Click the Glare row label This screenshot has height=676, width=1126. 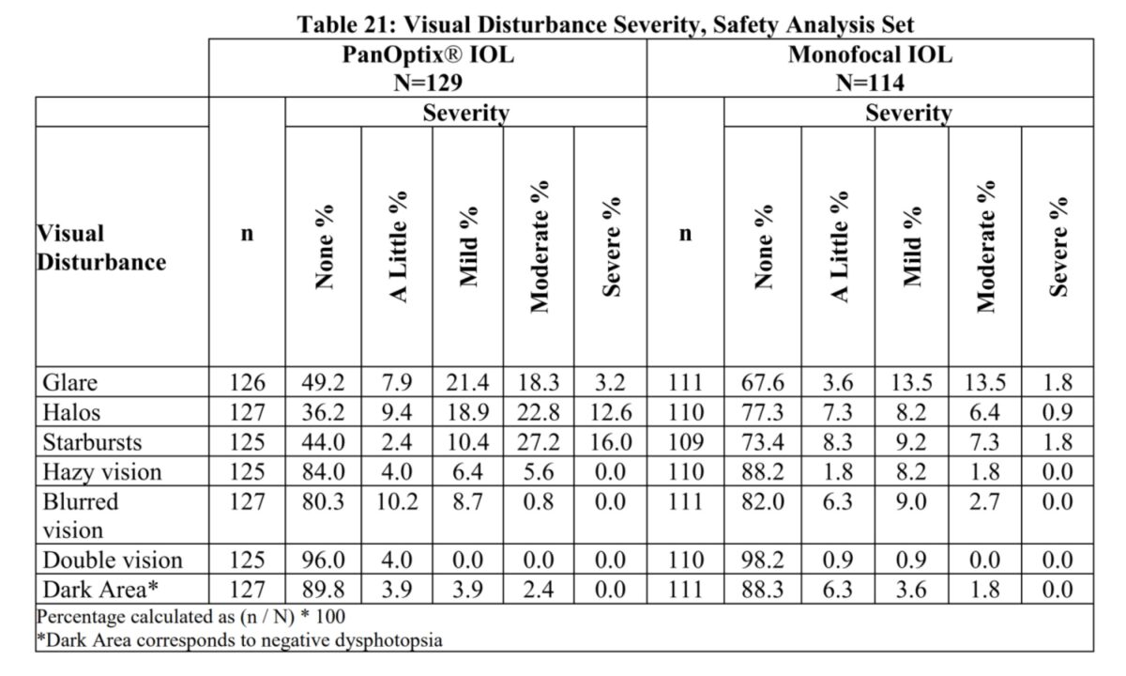[70, 383]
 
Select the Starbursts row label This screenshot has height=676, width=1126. [92, 441]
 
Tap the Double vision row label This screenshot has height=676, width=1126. [113, 561]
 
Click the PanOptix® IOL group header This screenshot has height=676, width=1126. [428, 54]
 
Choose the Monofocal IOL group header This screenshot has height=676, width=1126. [870, 54]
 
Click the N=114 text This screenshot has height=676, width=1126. [870, 83]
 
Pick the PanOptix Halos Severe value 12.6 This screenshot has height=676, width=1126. [610, 412]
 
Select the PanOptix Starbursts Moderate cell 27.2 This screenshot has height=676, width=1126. [539, 441]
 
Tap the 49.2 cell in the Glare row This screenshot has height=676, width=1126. [323, 383]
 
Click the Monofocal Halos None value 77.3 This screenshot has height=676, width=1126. [761, 412]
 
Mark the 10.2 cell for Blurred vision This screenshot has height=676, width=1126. [396, 501]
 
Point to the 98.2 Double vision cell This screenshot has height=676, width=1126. [761, 561]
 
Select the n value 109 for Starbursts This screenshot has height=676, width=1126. [685, 441]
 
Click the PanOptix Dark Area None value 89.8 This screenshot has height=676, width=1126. [323, 590]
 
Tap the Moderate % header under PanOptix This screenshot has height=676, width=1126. [539, 246]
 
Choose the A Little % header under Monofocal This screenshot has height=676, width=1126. [838, 246]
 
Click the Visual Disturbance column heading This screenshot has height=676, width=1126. [101, 247]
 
